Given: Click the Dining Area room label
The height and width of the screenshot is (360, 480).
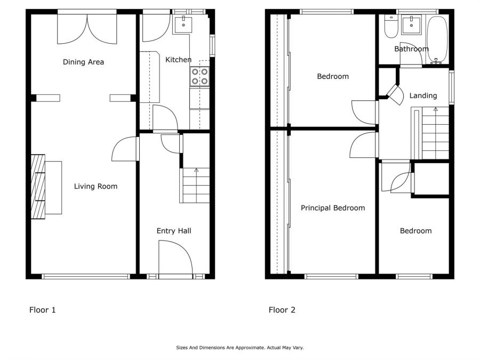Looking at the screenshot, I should tap(83, 62).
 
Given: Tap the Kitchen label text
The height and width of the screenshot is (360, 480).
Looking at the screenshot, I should tap(178, 60).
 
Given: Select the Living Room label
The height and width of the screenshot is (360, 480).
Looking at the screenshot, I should tap(95, 186).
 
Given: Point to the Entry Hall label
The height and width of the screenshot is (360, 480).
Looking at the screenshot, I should tap(174, 231).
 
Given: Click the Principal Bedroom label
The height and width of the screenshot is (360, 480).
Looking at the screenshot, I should tap(333, 208).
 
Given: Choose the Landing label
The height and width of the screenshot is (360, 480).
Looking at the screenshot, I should tap(423, 95).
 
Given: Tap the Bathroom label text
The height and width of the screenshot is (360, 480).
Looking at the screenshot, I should tap(411, 49).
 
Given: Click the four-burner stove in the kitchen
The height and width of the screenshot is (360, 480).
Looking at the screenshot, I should tap(199, 76).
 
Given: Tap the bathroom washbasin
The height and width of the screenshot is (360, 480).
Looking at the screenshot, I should tap(411, 25).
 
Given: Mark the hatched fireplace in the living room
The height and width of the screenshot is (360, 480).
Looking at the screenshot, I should tap(38, 187).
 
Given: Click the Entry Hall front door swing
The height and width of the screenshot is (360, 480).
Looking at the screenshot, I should tap(175, 258).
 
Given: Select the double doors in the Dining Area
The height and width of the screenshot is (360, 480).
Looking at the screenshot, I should tap(87, 28).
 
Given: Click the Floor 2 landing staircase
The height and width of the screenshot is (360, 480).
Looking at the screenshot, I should tap(435, 133).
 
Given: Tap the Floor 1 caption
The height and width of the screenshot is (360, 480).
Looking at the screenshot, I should tap(42, 310).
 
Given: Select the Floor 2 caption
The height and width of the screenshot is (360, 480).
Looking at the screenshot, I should tap(282, 310).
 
